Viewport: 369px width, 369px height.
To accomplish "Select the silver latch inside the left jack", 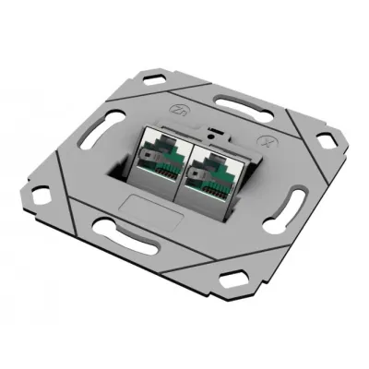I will tap(157, 167).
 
